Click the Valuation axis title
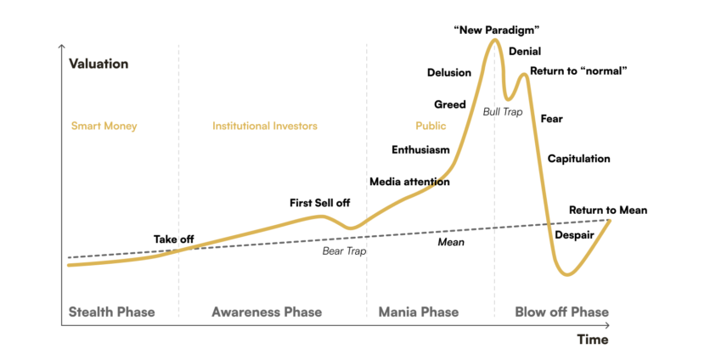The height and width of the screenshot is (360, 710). [99, 64]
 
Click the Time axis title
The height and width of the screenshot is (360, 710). [594, 339]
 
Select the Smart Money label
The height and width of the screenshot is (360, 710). [103, 126]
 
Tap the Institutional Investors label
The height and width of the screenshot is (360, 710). [264, 126]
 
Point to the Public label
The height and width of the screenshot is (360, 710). [431, 126]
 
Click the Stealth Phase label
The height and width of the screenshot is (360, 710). [112, 312]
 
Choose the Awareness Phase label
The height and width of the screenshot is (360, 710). [267, 312]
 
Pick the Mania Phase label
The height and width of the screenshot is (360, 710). [418, 312]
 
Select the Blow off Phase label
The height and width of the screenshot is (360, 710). [561, 312]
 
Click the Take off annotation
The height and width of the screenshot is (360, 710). [173, 239]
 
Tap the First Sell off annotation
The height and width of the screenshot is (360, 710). [319, 203]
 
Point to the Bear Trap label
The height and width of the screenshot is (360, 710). [344, 251]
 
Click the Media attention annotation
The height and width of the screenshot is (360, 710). [409, 182]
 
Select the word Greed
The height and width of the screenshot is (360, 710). [450, 104]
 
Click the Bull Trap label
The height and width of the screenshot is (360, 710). [503, 111]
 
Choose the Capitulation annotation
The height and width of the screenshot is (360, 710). [578, 159]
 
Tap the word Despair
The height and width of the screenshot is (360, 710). [574, 234]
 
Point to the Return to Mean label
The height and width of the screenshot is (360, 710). [607, 210]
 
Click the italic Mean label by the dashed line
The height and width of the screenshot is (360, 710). [450, 242]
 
